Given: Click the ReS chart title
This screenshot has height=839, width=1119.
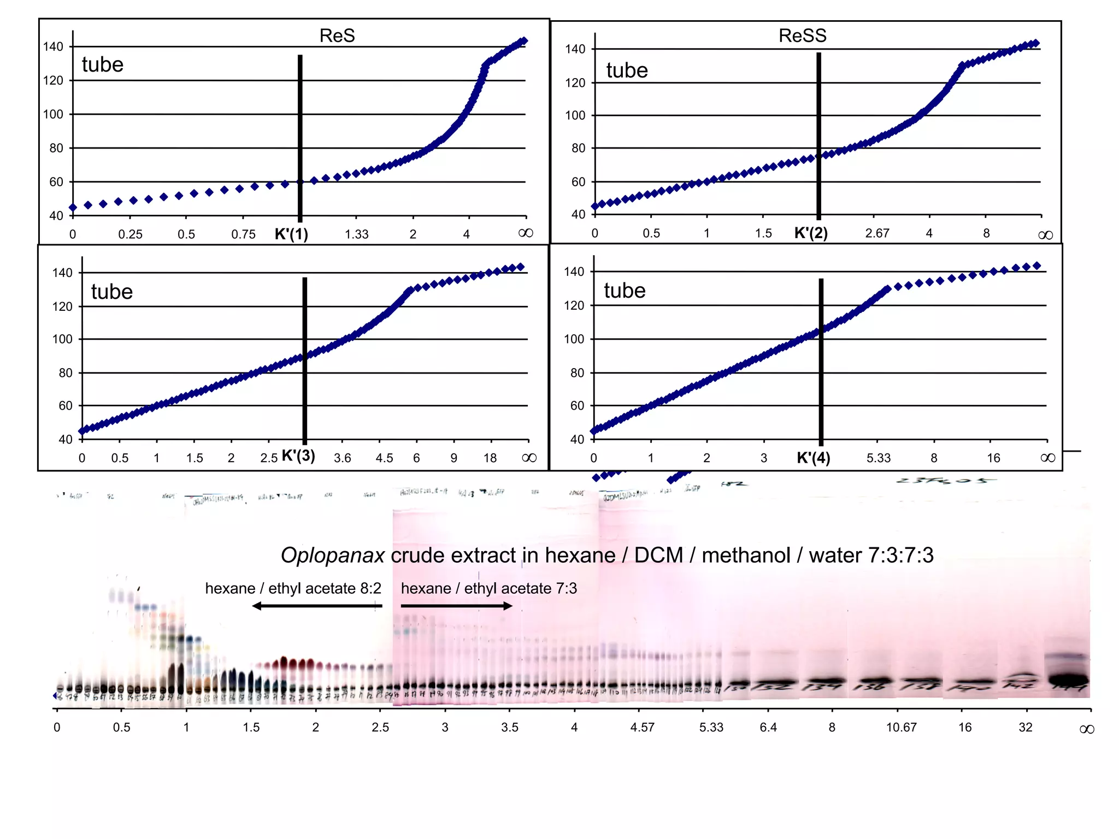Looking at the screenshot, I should pos(337,36).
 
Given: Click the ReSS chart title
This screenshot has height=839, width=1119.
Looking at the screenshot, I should pos(802,36).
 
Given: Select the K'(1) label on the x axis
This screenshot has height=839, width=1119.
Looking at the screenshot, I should pos(291,234).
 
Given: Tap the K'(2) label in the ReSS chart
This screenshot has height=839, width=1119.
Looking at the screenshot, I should pos(811,233).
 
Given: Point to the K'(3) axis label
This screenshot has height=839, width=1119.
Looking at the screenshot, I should pos(298,456).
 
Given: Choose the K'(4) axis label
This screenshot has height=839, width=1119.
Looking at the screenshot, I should pos(813,458).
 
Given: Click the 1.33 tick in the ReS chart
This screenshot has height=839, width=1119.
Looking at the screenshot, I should pos(356,234).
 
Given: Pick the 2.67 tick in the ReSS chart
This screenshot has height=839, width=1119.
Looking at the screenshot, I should pos(877,233).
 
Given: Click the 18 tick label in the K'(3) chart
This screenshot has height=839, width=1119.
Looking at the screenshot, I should pos(490,458).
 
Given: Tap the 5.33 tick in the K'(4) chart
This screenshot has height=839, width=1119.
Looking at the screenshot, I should pos(878,458).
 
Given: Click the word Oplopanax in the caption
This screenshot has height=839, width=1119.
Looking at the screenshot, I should pos(332,556).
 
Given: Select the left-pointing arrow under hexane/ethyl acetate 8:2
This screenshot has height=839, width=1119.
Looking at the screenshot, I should pos(317,606).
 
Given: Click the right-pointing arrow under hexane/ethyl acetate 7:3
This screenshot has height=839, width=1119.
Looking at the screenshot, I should pos(456,606).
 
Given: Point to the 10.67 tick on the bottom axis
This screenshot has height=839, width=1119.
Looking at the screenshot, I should pos(901,728).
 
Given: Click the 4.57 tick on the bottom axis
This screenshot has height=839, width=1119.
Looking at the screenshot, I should pos(642,728).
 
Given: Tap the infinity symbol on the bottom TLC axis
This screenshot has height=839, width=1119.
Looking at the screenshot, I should pos(1087,730).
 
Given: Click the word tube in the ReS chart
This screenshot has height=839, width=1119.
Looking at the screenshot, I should pos(103,64).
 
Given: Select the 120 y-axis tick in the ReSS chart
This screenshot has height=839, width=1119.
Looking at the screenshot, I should pos(575,83).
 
